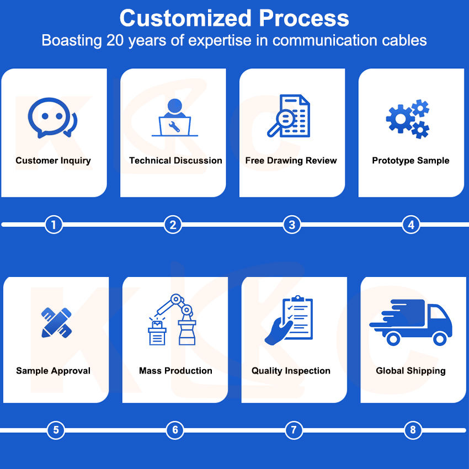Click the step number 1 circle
54,225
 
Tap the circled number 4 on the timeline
411,225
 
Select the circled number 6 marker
175,430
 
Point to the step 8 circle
413,430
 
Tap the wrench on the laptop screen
174,127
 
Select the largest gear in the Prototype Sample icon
400,119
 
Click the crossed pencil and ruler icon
56,323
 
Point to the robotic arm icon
172,319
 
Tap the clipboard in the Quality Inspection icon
297,318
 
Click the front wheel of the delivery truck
440,339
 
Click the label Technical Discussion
175,161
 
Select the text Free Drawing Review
291,161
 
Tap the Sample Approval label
53,371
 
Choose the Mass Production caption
175,371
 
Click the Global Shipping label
411,371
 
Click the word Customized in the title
185,18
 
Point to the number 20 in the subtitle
115,40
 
